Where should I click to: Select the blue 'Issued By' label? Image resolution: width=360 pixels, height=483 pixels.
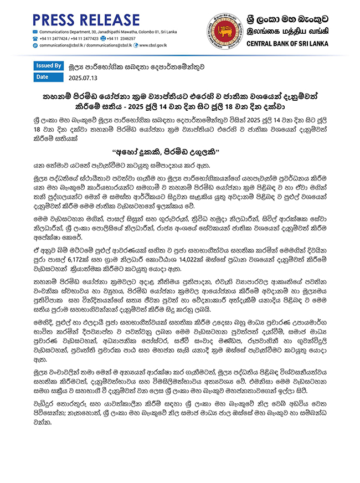[x=48, y=65]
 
